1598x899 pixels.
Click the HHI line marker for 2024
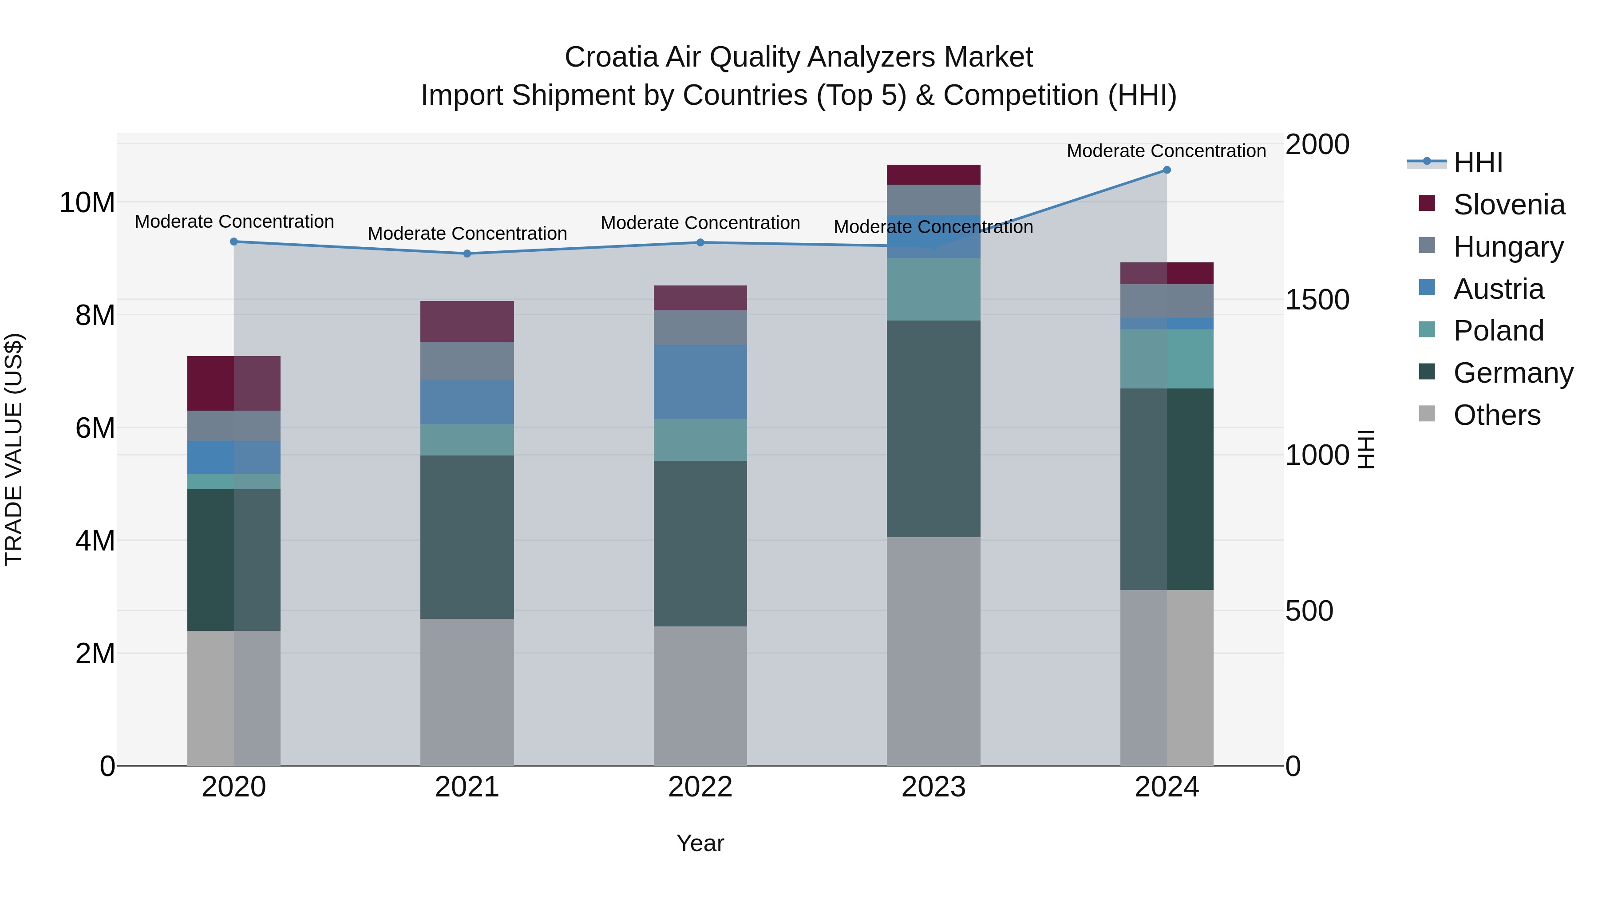coord(1166,170)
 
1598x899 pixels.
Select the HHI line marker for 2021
coord(467,253)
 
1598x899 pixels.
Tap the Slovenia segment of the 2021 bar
coord(467,321)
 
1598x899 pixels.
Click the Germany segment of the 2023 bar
coord(933,428)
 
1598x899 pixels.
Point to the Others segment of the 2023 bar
coord(933,651)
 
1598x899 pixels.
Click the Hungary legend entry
coord(1507,246)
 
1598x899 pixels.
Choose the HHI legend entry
coord(1478,162)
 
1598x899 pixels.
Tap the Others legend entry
coord(1496,415)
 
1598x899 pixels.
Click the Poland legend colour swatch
coord(1427,329)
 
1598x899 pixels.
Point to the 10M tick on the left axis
coord(87,203)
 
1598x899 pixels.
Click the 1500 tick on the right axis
coord(1317,300)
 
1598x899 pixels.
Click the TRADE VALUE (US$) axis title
coord(14,449)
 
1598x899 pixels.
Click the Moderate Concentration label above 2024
coord(1166,151)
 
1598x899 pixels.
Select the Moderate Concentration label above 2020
coord(234,222)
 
